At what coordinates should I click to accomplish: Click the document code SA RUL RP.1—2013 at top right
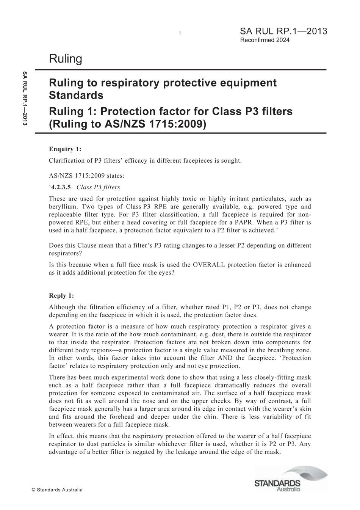pyautogui.click(x=283, y=31)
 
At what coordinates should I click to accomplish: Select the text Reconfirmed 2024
pyautogui.click(x=265, y=40)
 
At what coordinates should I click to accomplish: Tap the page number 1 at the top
pyautogui.click(x=180, y=33)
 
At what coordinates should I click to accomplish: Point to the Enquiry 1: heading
pyautogui.click(x=65, y=149)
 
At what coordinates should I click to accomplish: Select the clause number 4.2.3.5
pyautogui.click(x=61, y=187)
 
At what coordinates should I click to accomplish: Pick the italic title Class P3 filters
pyautogui.click(x=98, y=187)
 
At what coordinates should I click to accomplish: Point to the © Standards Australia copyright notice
pyautogui.click(x=57, y=490)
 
